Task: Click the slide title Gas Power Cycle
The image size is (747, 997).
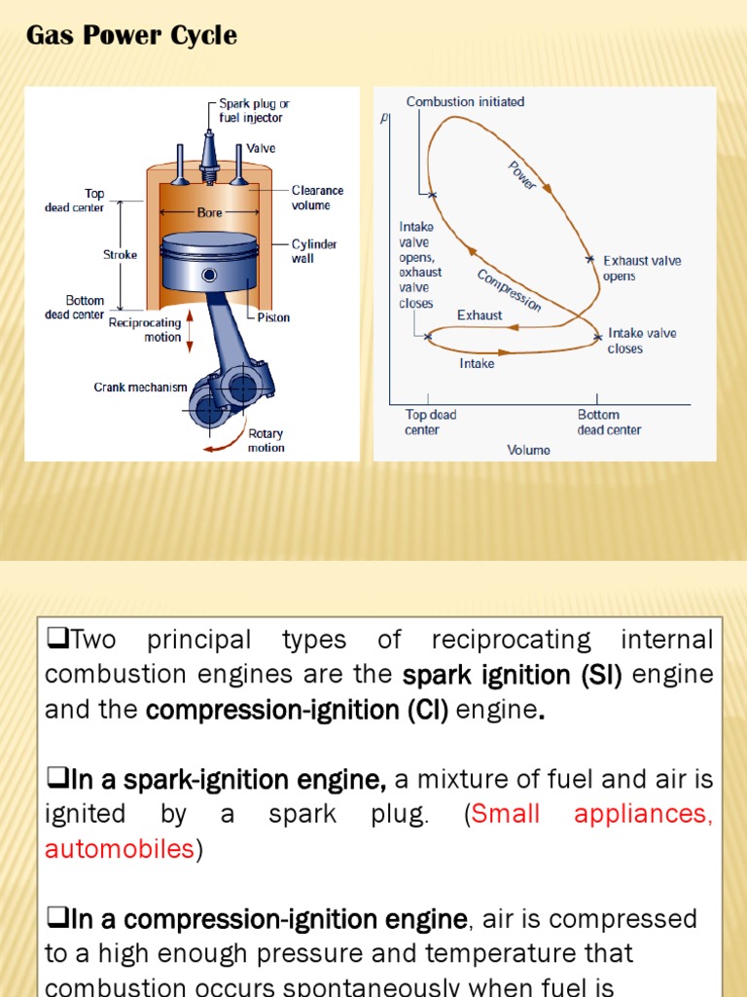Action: [x=131, y=36]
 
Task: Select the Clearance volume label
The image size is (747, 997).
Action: [x=317, y=198]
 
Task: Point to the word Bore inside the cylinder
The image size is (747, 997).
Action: [x=209, y=212]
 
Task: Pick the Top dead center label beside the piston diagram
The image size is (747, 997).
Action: [x=75, y=201]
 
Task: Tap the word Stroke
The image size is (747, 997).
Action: [x=120, y=255]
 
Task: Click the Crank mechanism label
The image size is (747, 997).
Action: [x=140, y=388]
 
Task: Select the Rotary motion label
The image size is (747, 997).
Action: [x=266, y=440]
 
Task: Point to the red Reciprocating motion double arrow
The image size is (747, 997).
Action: [x=190, y=331]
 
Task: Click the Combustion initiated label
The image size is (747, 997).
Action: [x=465, y=101]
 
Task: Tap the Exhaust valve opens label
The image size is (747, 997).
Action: [x=642, y=268]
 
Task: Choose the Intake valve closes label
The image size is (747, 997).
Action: [x=642, y=341]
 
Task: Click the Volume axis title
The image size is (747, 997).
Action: [x=528, y=450]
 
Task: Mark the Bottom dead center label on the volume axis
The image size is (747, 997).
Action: [x=609, y=423]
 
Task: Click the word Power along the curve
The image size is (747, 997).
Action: [x=522, y=175]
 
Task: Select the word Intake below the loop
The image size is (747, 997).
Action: [x=477, y=363]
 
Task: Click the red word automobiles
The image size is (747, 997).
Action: [x=120, y=849]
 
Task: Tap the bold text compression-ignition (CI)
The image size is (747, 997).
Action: [x=297, y=710]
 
